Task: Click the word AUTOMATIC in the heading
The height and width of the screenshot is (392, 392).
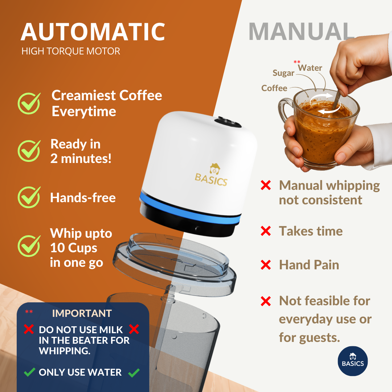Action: [93, 32]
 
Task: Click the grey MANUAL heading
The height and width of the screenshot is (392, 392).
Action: [301, 32]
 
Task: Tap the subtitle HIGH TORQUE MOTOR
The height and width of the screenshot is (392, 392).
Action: [71, 51]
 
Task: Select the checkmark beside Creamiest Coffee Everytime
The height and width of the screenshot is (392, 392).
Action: [29, 103]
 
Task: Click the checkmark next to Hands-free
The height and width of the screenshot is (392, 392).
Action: [29, 198]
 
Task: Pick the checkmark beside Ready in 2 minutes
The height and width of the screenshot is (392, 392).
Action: [29, 151]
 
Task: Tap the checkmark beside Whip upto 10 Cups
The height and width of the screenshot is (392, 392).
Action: [29, 246]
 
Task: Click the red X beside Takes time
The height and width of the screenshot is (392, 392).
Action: [266, 231]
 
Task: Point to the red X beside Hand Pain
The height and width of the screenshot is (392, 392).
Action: [266, 265]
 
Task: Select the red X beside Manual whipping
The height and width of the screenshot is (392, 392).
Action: [266, 185]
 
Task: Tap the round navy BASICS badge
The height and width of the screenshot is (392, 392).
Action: [353, 361]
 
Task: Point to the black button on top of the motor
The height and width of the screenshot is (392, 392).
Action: [229, 122]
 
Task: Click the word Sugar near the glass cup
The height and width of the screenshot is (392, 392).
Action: [283, 73]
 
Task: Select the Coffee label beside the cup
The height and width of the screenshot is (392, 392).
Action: [274, 88]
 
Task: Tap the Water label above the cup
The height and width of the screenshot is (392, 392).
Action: [310, 68]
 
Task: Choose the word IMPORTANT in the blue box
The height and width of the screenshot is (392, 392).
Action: [82, 313]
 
